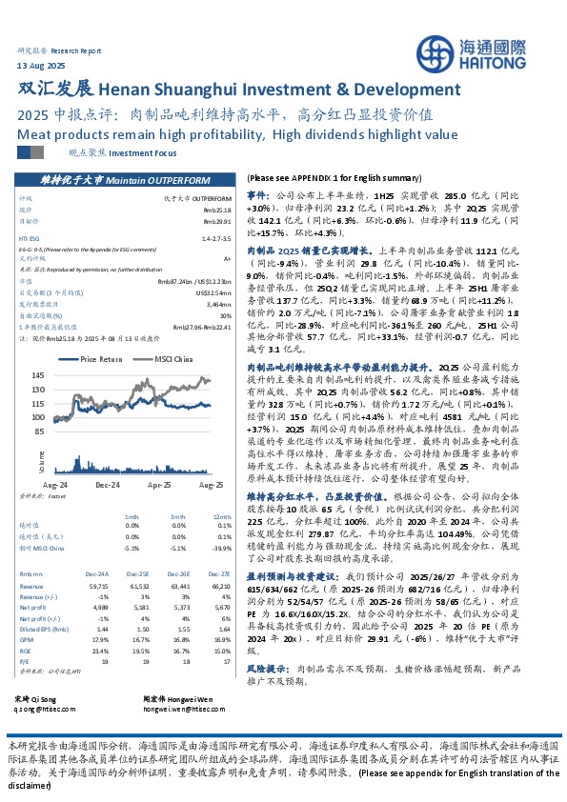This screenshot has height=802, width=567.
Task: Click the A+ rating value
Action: pos(227,257)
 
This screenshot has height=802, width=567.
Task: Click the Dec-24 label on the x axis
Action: pos(106,484)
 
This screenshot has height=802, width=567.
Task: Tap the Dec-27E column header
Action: pos(220,573)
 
